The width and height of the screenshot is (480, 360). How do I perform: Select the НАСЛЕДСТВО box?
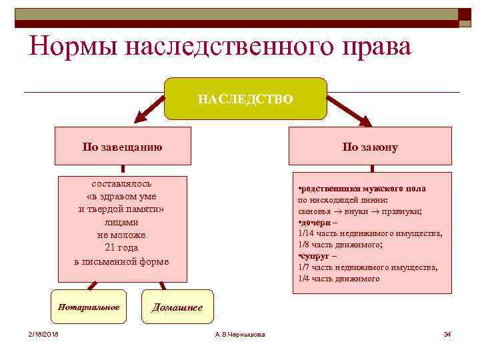pyautogui.click(x=245, y=99)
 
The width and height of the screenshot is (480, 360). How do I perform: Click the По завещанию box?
pyautogui.click(x=122, y=146)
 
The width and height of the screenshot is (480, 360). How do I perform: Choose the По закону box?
pyautogui.click(x=370, y=146)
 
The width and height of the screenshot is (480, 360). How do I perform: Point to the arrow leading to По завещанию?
pyautogui.click(x=150, y=109)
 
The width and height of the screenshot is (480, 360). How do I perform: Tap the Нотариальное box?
pyautogui.click(x=89, y=307)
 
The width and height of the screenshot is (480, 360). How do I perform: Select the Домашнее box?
pyautogui.click(x=177, y=307)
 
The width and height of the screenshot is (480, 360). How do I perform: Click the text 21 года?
pyautogui.click(x=121, y=248)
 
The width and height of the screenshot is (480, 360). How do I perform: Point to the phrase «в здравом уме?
pyautogui.click(x=121, y=196)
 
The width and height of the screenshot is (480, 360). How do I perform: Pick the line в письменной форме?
pyautogui.click(x=121, y=261)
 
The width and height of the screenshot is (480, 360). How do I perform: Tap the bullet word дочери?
pyautogui.click(x=314, y=221)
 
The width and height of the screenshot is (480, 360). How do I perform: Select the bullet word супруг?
pyautogui.click(x=314, y=255)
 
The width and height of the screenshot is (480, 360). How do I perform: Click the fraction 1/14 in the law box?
pyautogui.click(x=307, y=233)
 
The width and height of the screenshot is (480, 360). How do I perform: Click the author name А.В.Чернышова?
pyautogui.click(x=240, y=333)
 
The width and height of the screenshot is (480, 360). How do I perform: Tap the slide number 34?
pyautogui.click(x=447, y=333)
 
